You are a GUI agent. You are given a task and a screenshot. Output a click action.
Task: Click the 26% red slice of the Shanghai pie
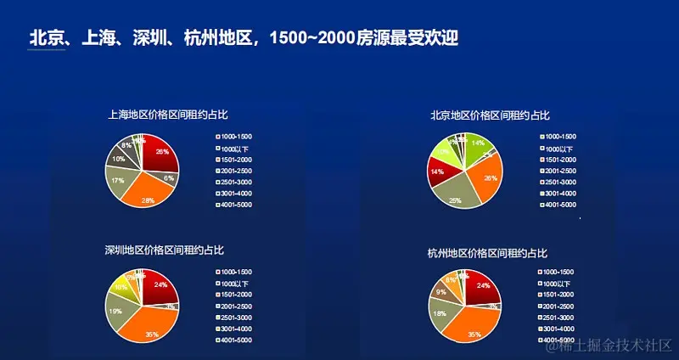(160, 153)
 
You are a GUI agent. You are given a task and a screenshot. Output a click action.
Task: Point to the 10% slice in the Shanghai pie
(118, 159)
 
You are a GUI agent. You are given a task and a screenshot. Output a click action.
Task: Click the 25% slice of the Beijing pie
(457, 194)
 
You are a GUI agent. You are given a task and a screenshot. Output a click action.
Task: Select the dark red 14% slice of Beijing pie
(440, 172)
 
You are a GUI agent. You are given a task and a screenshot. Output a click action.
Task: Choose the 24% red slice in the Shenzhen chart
(159, 286)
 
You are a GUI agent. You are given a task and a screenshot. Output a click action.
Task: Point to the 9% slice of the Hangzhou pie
(441, 292)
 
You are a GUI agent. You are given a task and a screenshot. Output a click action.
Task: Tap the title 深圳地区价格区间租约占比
(164, 250)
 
